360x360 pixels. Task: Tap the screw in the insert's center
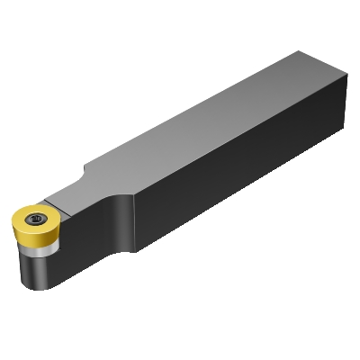[37, 219]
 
